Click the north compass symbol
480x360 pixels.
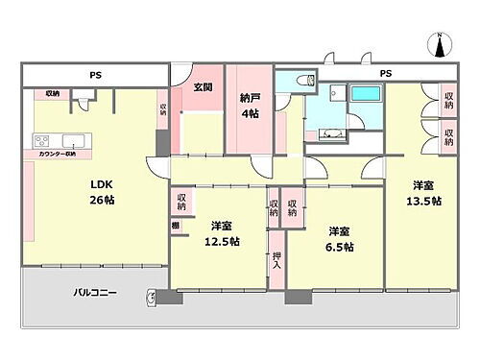pyautogui.click(x=437, y=44)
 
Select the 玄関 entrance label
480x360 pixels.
pyautogui.click(x=203, y=87)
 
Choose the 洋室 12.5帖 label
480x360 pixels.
pyautogui.click(x=223, y=235)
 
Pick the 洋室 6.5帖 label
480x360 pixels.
pyautogui.click(x=341, y=238)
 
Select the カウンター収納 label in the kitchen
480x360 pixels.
pyautogui.click(x=59, y=155)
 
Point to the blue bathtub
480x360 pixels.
pyautogui.click(x=365, y=95)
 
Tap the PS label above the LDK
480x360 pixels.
pyautogui.click(x=96, y=74)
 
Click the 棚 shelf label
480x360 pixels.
pyautogui.click(x=175, y=225)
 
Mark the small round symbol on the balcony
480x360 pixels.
pyautogui.click(x=151, y=295)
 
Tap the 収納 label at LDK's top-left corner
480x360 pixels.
pyautogui.click(x=51, y=94)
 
